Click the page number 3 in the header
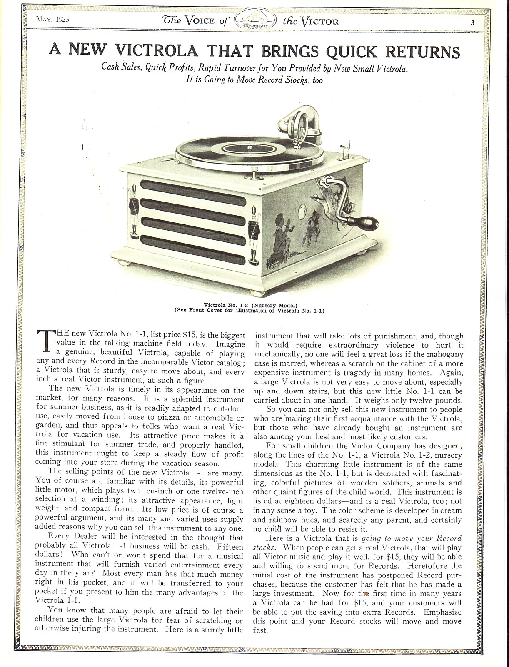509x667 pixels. coord(473,23)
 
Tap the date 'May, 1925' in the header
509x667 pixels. coord(52,19)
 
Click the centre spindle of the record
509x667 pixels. coord(249,147)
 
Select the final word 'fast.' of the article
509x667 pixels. coord(261,630)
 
